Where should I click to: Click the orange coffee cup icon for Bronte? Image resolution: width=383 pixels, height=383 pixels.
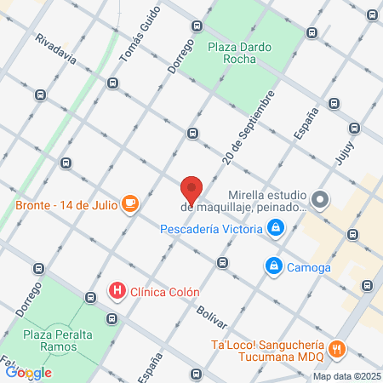(x=129, y=203)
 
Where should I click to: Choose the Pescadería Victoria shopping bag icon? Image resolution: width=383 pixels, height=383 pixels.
(x=276, y=227)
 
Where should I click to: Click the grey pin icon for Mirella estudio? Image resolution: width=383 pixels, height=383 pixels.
(x=320, y=200)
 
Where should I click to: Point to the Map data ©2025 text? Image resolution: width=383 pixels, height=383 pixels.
(x=346, y=376)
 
